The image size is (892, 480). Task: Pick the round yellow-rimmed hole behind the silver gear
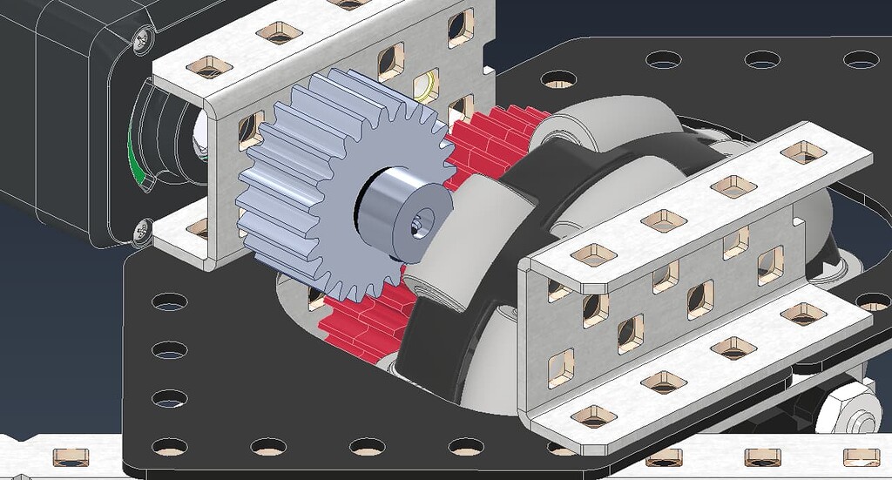tap(425, 86)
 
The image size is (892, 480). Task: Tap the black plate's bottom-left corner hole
tap(169, 447)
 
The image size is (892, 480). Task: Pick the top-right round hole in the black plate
tap(861, 59)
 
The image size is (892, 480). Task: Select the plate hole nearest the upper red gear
tap(557, 78)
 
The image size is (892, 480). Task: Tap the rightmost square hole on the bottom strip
tap(861, 456)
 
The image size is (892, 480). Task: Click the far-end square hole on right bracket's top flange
tap(803, 152)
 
